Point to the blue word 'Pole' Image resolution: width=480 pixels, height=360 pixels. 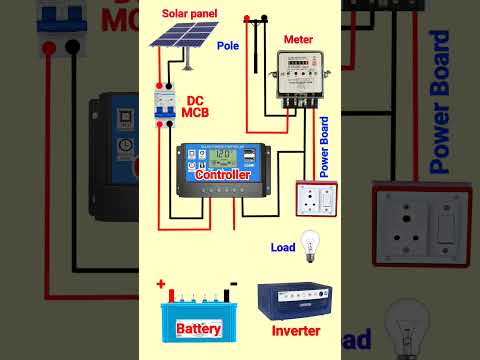point(228,73)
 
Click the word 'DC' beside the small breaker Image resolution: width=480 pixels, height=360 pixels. point(195,99)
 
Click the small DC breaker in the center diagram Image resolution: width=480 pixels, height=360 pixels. point(164,106)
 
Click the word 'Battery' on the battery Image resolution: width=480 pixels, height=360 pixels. point(204,328)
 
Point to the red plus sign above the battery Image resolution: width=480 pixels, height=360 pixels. point(159,284)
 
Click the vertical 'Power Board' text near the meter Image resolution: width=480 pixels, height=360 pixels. point(325,146)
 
